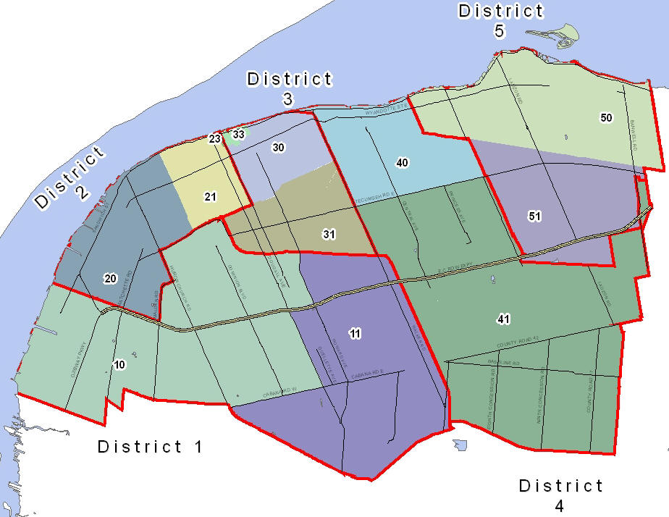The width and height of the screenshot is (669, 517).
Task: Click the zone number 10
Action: [119, 364]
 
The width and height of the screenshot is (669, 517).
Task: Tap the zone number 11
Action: [355, 333]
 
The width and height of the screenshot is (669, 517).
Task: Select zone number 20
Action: [110, 278]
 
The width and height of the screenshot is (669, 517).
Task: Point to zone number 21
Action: [210, 196]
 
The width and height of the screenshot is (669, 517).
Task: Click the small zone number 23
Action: [215, 138]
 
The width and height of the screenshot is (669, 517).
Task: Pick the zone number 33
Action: [238, 134]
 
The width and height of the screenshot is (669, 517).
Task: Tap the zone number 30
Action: [278, 147]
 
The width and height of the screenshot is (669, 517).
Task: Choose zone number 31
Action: [329, 234]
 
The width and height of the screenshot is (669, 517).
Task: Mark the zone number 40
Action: [403, 162]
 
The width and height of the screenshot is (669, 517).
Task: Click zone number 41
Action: [504, 319]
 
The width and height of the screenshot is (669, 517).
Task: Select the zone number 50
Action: [607, 117]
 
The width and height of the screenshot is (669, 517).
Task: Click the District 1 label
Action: [151, 446]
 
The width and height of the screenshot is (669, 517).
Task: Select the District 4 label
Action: [560, 494]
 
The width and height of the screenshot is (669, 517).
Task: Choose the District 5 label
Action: [500, 20]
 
